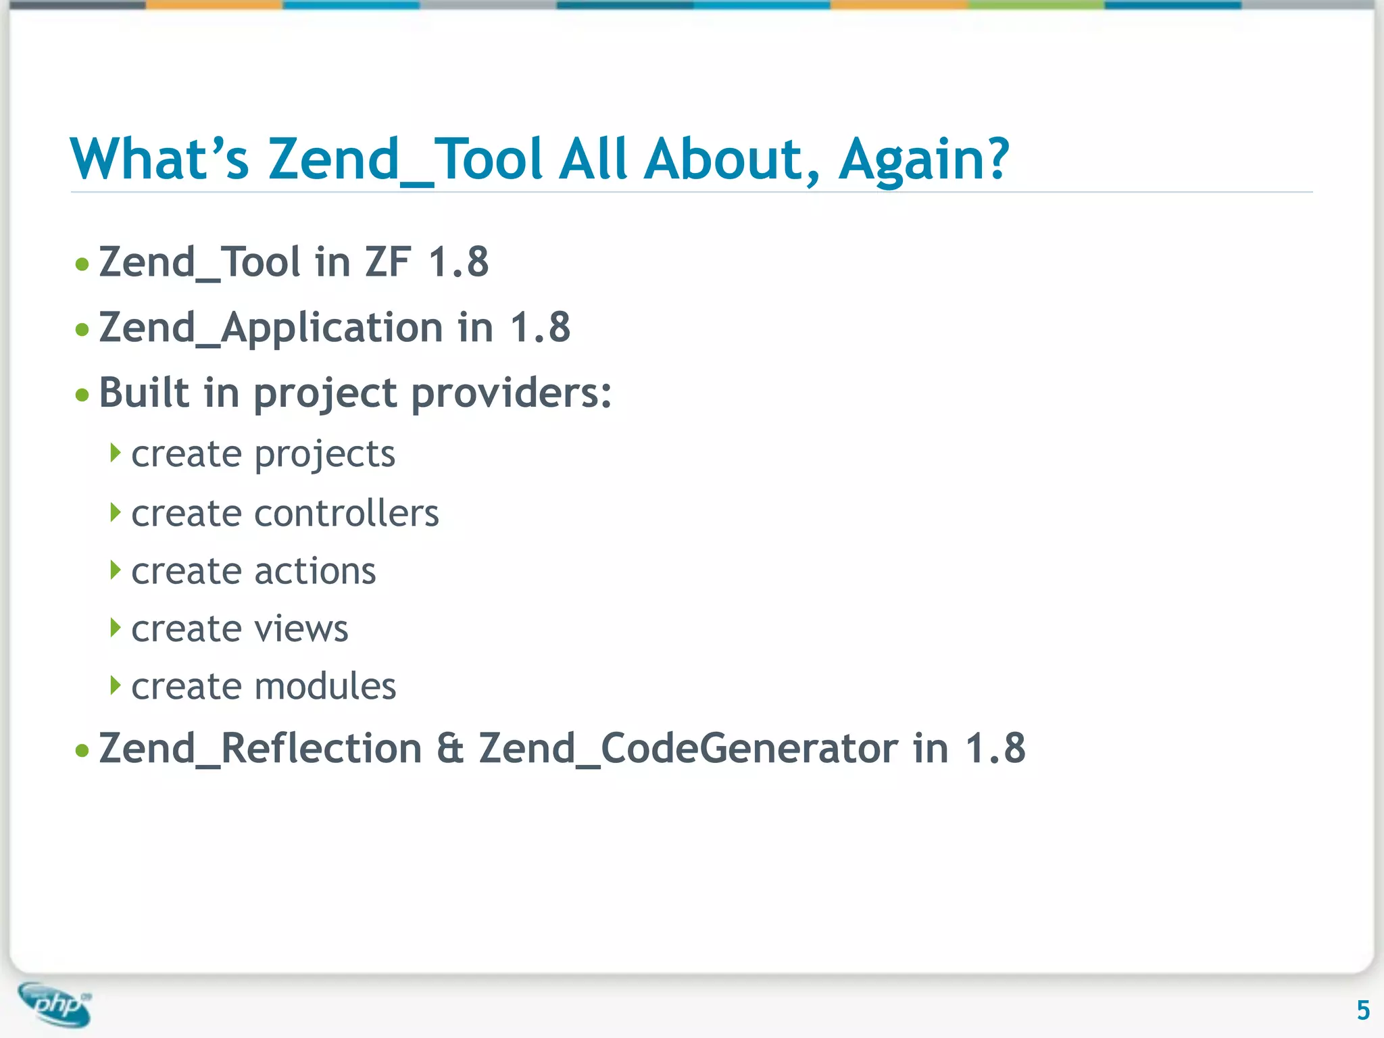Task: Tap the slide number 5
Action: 1363,1010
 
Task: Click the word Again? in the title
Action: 924,159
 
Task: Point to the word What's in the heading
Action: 159,159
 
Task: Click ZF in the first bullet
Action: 387,262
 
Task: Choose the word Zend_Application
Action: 271,328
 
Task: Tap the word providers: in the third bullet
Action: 512,394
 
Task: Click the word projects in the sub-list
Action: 324,455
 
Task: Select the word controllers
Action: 346,514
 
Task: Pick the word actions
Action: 315,572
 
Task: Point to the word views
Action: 301,629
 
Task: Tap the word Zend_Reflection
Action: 260,749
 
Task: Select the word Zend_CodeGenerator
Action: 689,749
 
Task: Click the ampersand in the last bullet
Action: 450,749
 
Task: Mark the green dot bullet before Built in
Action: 82,395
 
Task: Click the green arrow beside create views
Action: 116,628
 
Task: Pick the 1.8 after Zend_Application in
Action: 540,328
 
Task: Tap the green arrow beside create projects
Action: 116,453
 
